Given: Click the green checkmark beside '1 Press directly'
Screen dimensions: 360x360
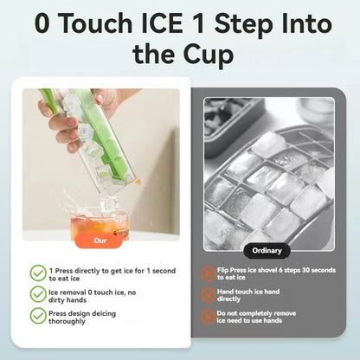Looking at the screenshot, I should coord(38,273).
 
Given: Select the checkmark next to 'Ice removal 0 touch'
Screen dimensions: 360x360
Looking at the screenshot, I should coord(38,294).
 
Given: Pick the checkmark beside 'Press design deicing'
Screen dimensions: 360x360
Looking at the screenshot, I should coord(38,316).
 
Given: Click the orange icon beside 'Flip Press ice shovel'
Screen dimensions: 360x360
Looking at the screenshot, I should coord(208,273).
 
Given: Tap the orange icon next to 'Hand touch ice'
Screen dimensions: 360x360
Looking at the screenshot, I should coord(208,294).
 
